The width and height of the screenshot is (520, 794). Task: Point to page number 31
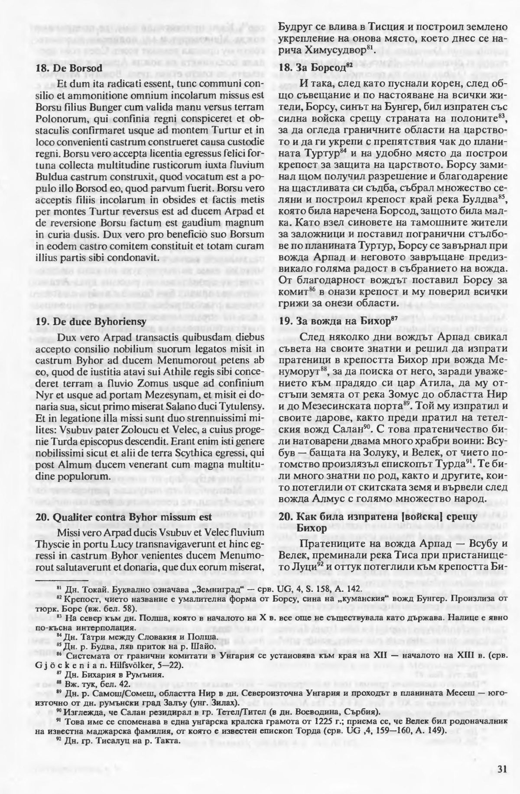[502, 769]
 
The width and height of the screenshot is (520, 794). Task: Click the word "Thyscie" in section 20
[50, 543]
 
